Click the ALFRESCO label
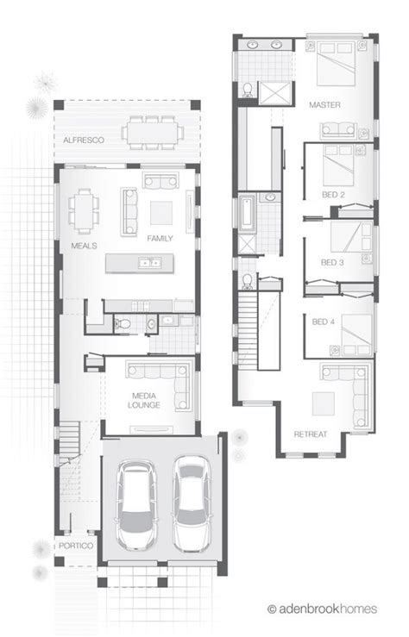click(x=84, y=141)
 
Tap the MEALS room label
click(x=85, y=246)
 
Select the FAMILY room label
click(x=160, y=239)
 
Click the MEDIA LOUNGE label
click(x=144, y=401)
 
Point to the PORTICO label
click(x=76, y=546)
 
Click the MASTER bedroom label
click(x=324, y=105)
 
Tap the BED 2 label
click(x=333, y=195)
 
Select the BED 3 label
click(x=332, y=262)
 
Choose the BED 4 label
click(x=324, y=322)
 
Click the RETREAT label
click(x=311, y=434)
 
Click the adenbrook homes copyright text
click(x=323, y=609)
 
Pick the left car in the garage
click(x=136, y=504)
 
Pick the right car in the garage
click(x=191, y=503)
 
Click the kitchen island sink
click(x=150, y=263)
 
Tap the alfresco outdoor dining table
click(x=153, y=133)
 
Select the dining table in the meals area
click(x=85, y=211)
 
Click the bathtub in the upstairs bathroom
click(x=247, y=213)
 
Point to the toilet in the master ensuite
click(x=247, y=90)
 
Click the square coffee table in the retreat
click(x=324, y=403)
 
